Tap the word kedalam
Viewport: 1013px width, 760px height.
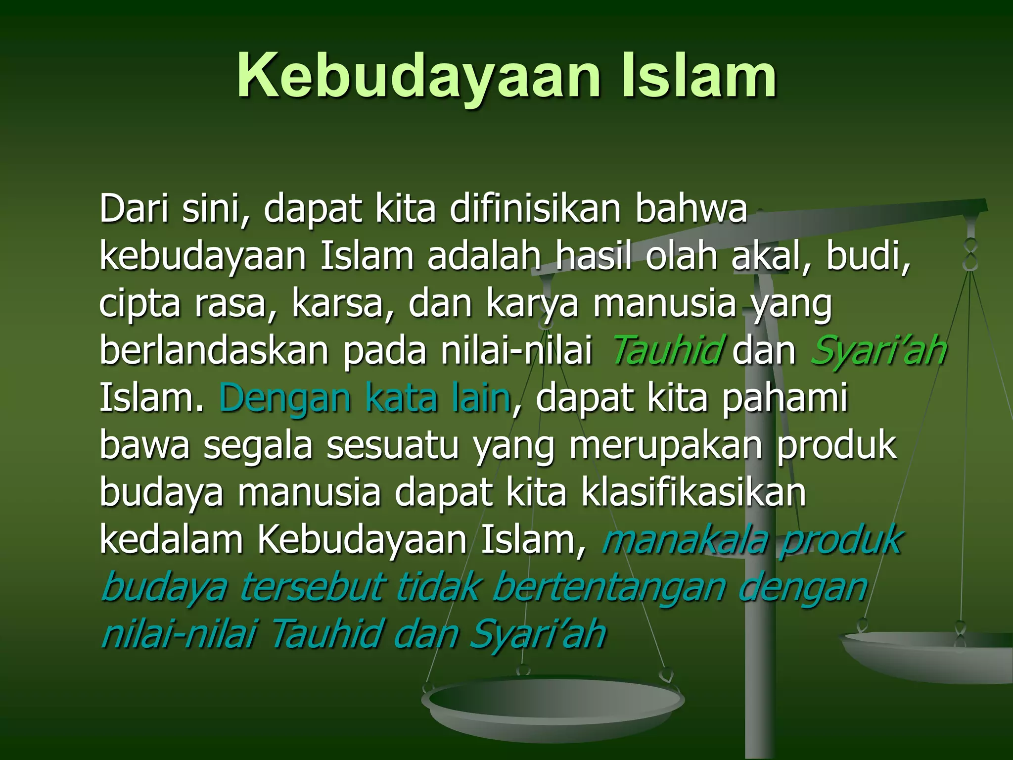click(171, 539)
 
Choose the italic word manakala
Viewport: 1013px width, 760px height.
click(685, 539)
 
